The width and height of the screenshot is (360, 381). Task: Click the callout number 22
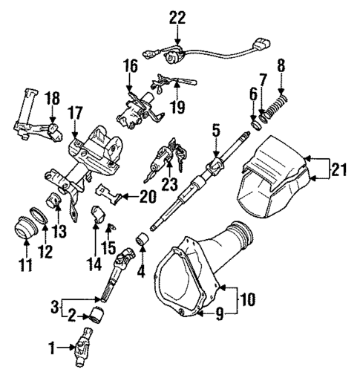coord(177,16)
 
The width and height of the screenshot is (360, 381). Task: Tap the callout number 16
coord(130,67)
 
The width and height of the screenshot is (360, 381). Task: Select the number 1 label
coord(50,346)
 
